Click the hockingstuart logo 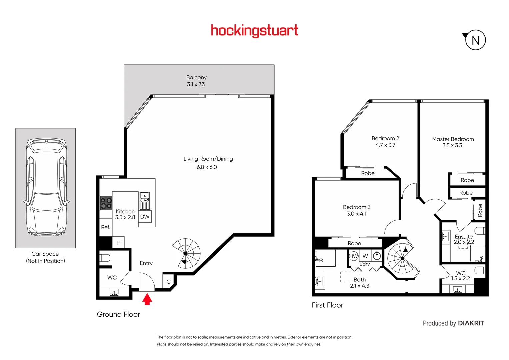tap(254, 31)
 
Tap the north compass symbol tap(475, 40)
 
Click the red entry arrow tap(147, 299)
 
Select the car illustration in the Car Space tap(46, 188)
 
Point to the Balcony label tap(196, 77)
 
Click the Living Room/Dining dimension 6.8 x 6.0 tap(207, 167)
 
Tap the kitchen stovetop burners tap(106, 203)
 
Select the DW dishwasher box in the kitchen tap(145, 217)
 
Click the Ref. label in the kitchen tap(105, 227)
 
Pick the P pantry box tap(119, 243)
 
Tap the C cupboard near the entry tap(168, 282)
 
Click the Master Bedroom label tap(453, 139)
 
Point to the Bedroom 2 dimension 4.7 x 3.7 tap(385, 145)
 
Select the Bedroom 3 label tap(357, 207)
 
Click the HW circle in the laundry tap(353, 256)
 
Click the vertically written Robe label tap(480, 210)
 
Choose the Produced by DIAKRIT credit tap(453, 323)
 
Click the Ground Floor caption tap(118, 314)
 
